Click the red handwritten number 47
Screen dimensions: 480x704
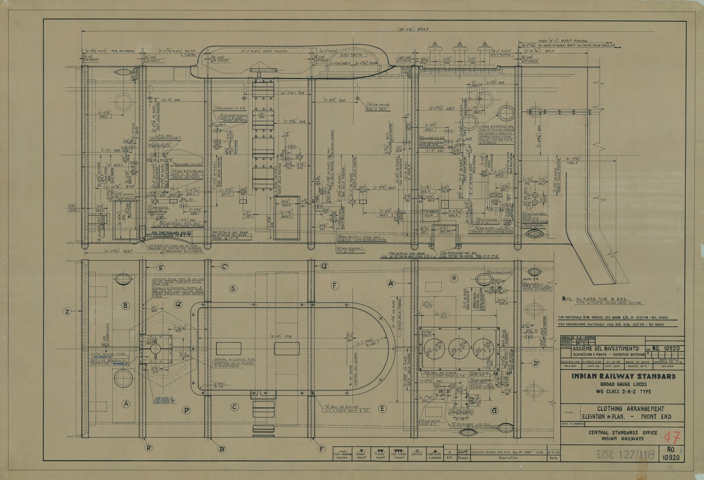[672, 437]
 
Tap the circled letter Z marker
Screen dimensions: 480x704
[67, 311]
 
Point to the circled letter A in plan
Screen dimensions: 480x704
[126, 404]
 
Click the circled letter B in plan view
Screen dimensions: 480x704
[126, 306]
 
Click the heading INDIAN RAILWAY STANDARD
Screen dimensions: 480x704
[624, 376]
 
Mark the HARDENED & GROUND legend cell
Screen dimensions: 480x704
[435, 454]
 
